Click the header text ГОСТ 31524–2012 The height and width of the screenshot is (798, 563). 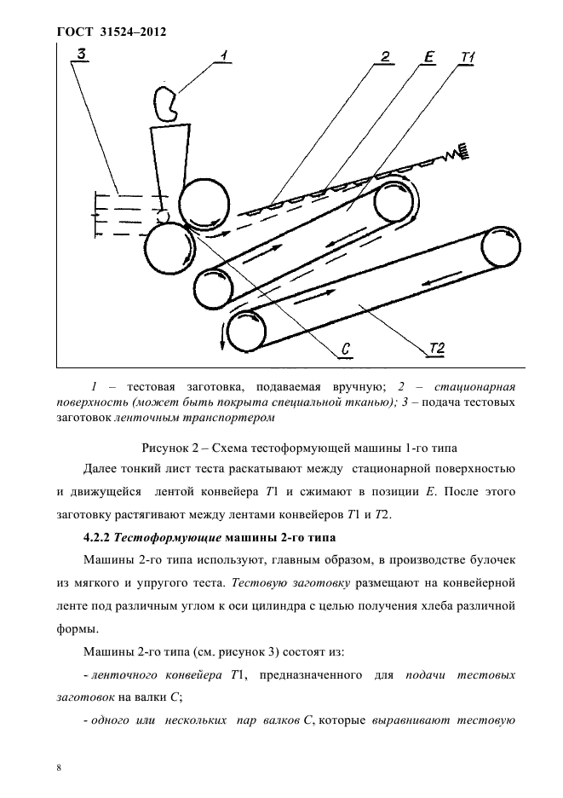click(x=111, y=32)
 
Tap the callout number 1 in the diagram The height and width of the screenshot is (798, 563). click(x=223, y=56)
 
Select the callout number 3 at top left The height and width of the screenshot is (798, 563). click(x=82, y=55)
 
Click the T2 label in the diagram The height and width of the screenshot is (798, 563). click(x=436, y=348)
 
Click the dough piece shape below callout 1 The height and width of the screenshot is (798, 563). click(x=168, y=102)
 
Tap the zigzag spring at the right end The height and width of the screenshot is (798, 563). click(x=461, y=151)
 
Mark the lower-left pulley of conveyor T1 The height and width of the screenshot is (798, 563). click(x=213, y=287)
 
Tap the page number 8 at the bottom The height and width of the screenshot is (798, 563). click(x=59, y=767)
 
